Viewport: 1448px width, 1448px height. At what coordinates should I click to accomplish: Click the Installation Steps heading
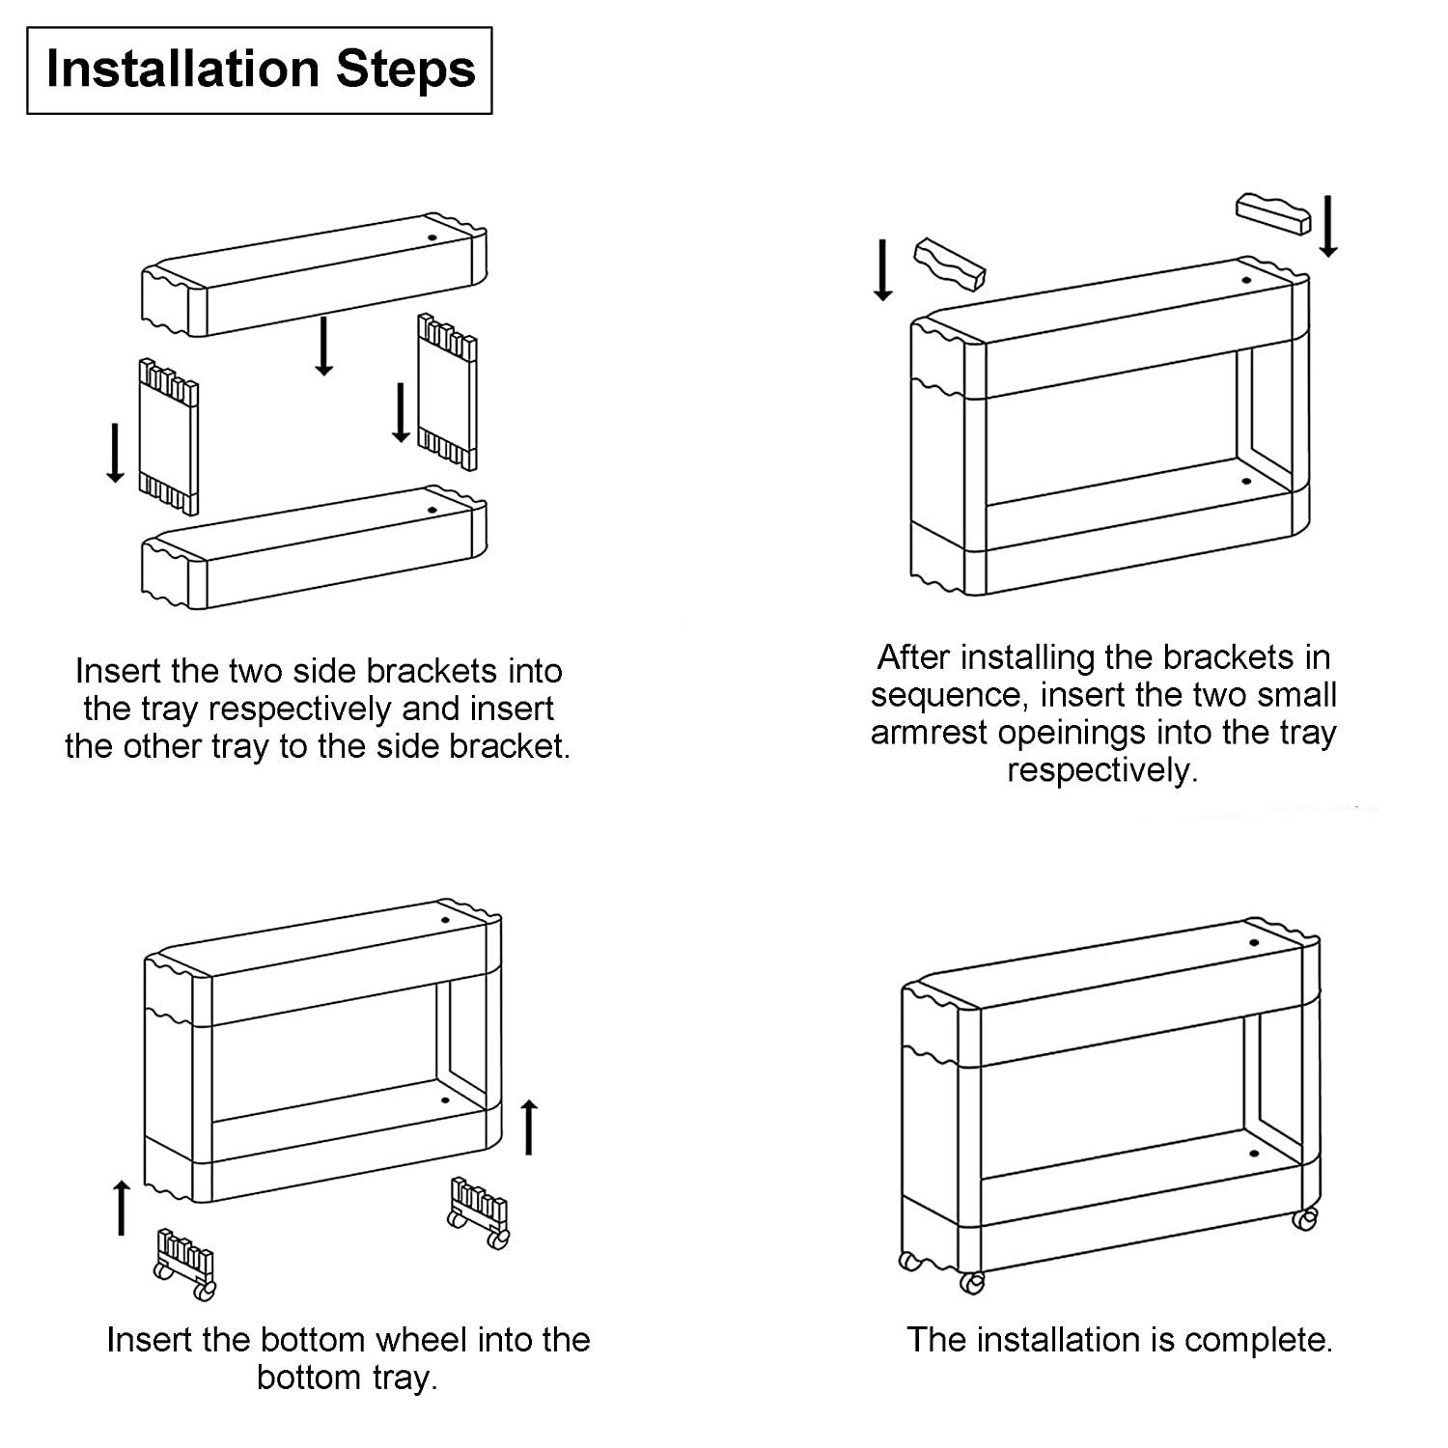tap(261, 70)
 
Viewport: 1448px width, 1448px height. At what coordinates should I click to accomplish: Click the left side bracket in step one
tap(169, 436)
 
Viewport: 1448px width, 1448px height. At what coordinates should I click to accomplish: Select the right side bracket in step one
tap(447, 391)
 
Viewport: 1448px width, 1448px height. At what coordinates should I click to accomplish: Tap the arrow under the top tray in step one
tap(324, 345)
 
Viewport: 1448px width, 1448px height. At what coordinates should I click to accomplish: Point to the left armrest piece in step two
tap(949, 264)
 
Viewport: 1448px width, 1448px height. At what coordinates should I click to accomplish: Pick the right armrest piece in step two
tap(1274, 214)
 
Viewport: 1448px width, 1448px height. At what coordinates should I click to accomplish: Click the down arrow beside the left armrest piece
tap(882, 270)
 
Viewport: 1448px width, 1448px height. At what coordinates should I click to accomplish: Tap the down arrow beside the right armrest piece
tap(1328, 226)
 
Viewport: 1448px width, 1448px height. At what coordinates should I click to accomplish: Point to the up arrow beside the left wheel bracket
tap(122, 1207)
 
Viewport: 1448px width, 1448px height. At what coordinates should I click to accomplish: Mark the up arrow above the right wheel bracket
tap(529, 1126)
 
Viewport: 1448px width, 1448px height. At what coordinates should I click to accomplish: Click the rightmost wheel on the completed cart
tap(1305, 1219)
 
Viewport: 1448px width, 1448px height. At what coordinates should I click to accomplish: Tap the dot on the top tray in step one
tap(432, 237)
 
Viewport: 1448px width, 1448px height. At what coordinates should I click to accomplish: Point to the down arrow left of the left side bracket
tap(115, 453)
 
